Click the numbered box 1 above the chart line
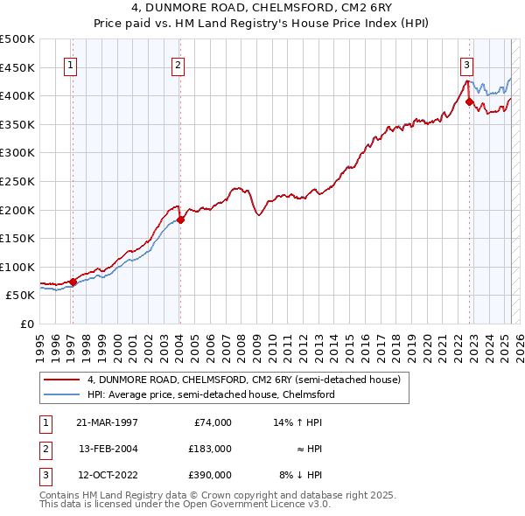click(69, 64)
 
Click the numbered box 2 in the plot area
click(178, 64)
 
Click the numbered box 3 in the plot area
click(467, 64)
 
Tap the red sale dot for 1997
click(73, 282)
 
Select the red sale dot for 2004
click(180, 220)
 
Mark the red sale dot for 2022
click(470, 101)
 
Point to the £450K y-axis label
click(17, 67)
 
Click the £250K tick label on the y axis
click(17, 182)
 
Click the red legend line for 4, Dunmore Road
click(62, 380)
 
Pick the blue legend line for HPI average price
click(62, 394)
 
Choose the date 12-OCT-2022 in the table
click(108, 476)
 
